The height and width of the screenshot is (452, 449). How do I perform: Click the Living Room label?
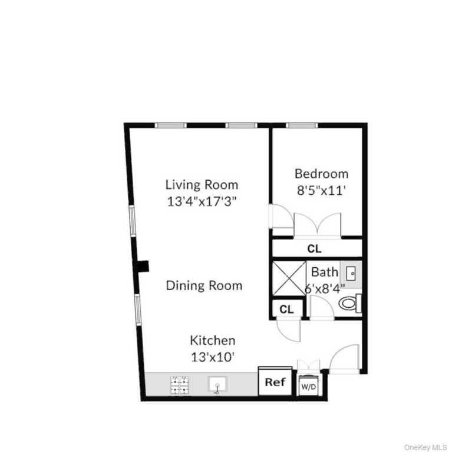(202, 185)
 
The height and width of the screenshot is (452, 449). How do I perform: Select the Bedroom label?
(321, 174)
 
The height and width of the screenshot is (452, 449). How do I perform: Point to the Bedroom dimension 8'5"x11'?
(321, 190)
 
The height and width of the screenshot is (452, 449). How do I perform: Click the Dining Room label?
(204, 286)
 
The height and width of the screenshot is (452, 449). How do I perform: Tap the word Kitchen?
(212, 340)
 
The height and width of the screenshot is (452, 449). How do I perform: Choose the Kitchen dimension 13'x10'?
(212, 356)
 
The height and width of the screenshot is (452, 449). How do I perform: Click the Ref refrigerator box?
(275, 382)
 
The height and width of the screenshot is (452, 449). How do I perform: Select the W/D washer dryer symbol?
(309, 386)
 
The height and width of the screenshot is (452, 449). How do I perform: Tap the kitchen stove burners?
(180, 385)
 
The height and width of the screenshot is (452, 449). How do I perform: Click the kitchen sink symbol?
(217, 385)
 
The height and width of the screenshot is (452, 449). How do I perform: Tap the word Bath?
(325, 272)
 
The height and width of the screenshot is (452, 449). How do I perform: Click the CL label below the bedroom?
(314, 248)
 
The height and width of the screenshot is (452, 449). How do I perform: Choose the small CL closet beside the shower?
(287, 309)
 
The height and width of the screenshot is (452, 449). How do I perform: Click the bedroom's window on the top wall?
(302, 125)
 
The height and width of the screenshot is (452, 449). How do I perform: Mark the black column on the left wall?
(143, 266)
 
